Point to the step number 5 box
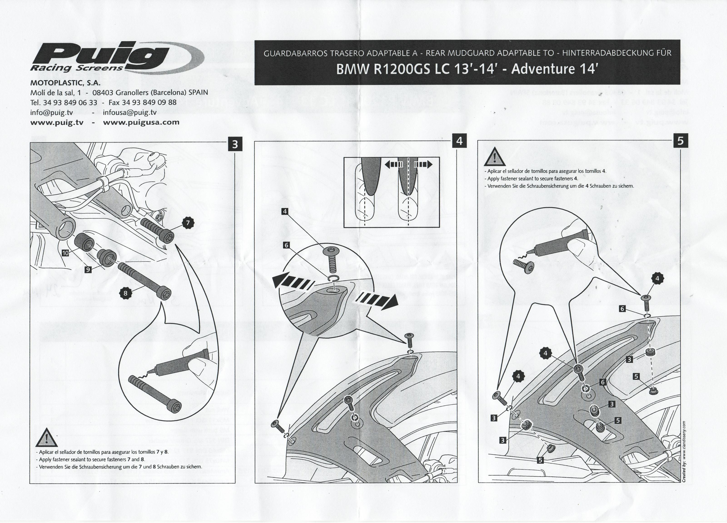tap(681, 141)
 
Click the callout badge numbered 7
tap(188, 223)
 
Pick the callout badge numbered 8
tap(126, 293)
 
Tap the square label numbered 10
tap(65, 253)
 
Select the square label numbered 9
tap(88, 269)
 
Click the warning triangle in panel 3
tap(47, 438)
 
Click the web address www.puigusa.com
tap(141, 122)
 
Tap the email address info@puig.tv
tap(51, 112)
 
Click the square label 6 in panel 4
tap(286, 245)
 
